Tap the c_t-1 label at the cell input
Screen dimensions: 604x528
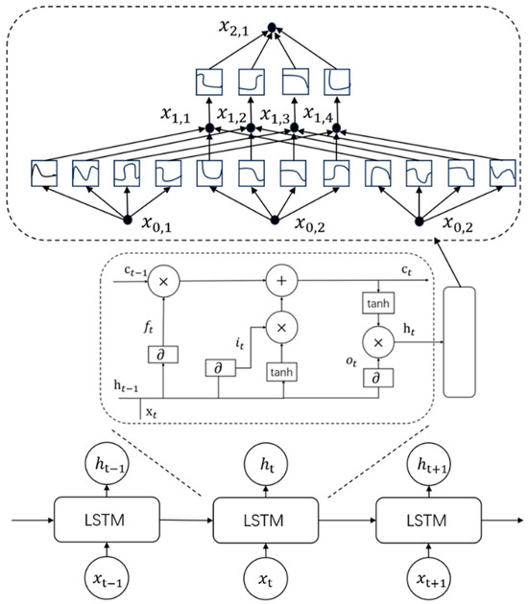tap(134, 273)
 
